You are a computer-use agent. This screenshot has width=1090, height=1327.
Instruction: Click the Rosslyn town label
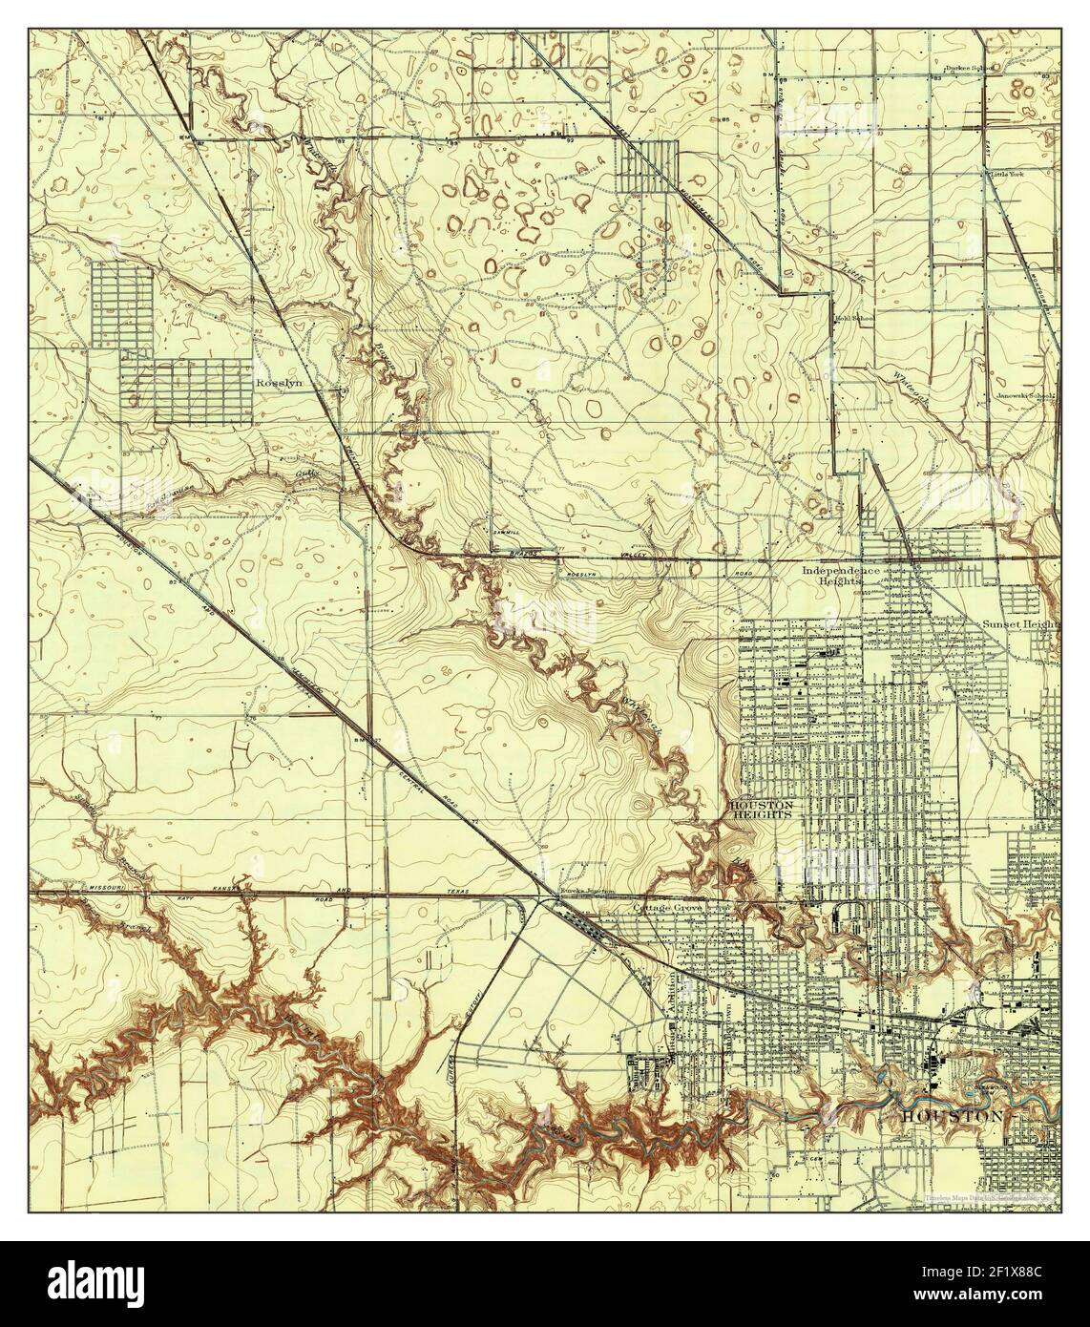279,382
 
